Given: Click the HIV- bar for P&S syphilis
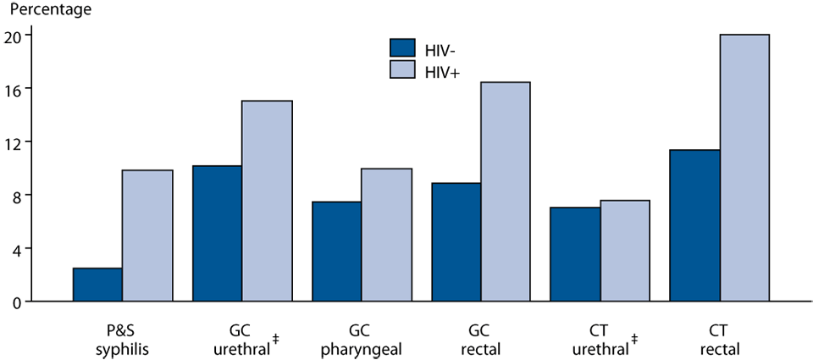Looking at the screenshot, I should (x=97, y=285).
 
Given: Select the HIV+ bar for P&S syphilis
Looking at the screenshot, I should (x=147, y=235).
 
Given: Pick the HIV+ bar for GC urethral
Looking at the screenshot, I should (x=267, y=201).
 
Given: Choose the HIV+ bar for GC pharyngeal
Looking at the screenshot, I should (x=386, y=235).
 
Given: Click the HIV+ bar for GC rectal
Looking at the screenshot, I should (x=506, y=191).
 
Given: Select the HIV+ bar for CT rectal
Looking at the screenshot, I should (x=744, y=168).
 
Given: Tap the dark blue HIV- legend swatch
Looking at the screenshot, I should (x=403, y=47).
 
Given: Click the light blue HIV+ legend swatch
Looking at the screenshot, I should (x=403, y=69).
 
